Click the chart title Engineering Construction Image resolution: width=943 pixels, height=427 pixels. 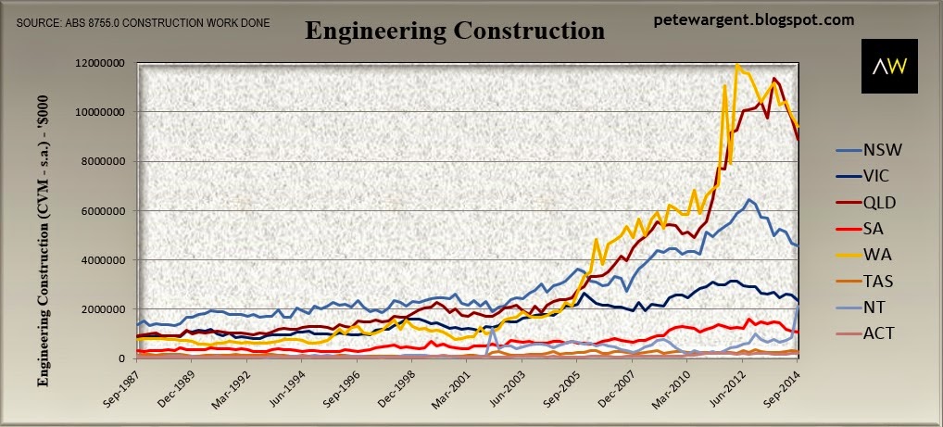(454, 31)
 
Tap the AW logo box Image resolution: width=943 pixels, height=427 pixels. (890, 66)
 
